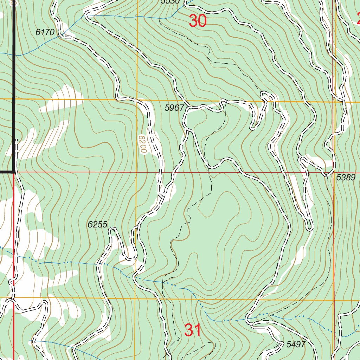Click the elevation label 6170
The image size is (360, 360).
click(45, 32)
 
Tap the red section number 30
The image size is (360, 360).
click(197, 21)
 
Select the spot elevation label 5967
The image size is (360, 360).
click(174, 108)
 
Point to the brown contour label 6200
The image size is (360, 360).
click(142, 144)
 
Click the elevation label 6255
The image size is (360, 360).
click(97, 225)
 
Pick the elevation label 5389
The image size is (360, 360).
click(346, 178)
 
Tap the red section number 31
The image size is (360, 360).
click(193, 330)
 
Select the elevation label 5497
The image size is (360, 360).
click(296, 344)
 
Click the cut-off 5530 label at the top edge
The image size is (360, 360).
click(170, 2)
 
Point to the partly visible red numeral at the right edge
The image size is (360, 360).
click(357, 18)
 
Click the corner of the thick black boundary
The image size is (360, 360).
click(14, 172)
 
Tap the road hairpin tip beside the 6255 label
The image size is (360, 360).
click(112, 229)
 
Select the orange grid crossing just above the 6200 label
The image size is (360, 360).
click(137, 100)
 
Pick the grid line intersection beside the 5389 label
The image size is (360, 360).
click(333, 173)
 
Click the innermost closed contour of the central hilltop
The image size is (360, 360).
click(214, 207)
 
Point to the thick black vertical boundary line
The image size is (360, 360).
click(14, 88)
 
